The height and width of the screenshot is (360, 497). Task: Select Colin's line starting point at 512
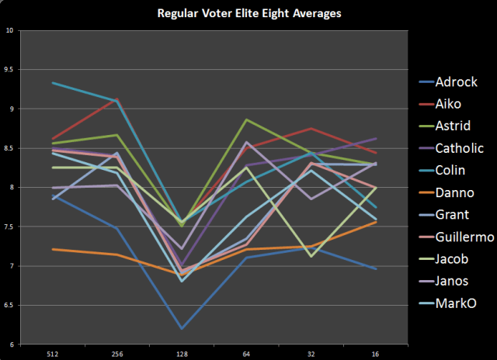click(x=53, y=83)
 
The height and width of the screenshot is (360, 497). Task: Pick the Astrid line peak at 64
click(x=246, y=119)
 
